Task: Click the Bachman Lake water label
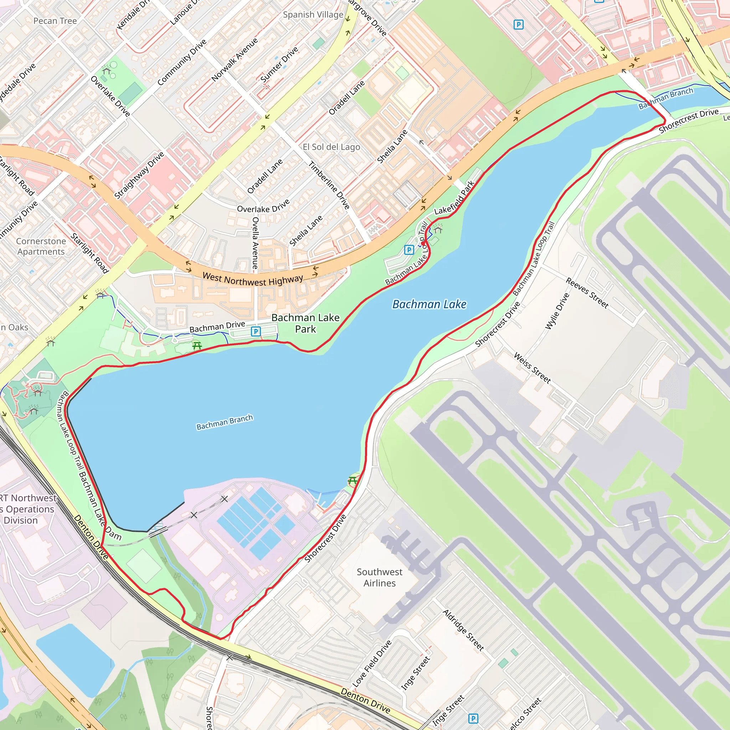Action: tap(429, 304)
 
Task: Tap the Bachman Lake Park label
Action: tap(305, 323)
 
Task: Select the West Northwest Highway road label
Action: tap(253, 279)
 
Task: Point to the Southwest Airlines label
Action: tap(379, 577)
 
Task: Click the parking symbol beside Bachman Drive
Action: tap(256, 332)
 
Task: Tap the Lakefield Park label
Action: tap(454, 198)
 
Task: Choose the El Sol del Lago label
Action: tap(331, 147)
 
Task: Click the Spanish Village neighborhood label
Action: tap(313, 15)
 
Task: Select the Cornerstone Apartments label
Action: tap(41, 246)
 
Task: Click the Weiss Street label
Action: tap(532, 367)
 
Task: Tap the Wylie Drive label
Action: tap(557, 311)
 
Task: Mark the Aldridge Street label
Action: tap(463, 631)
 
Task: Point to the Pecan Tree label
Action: tap(55, 21)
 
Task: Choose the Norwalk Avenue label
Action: tap(235, 59)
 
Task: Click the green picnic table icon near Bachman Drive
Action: tap(196, 345)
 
